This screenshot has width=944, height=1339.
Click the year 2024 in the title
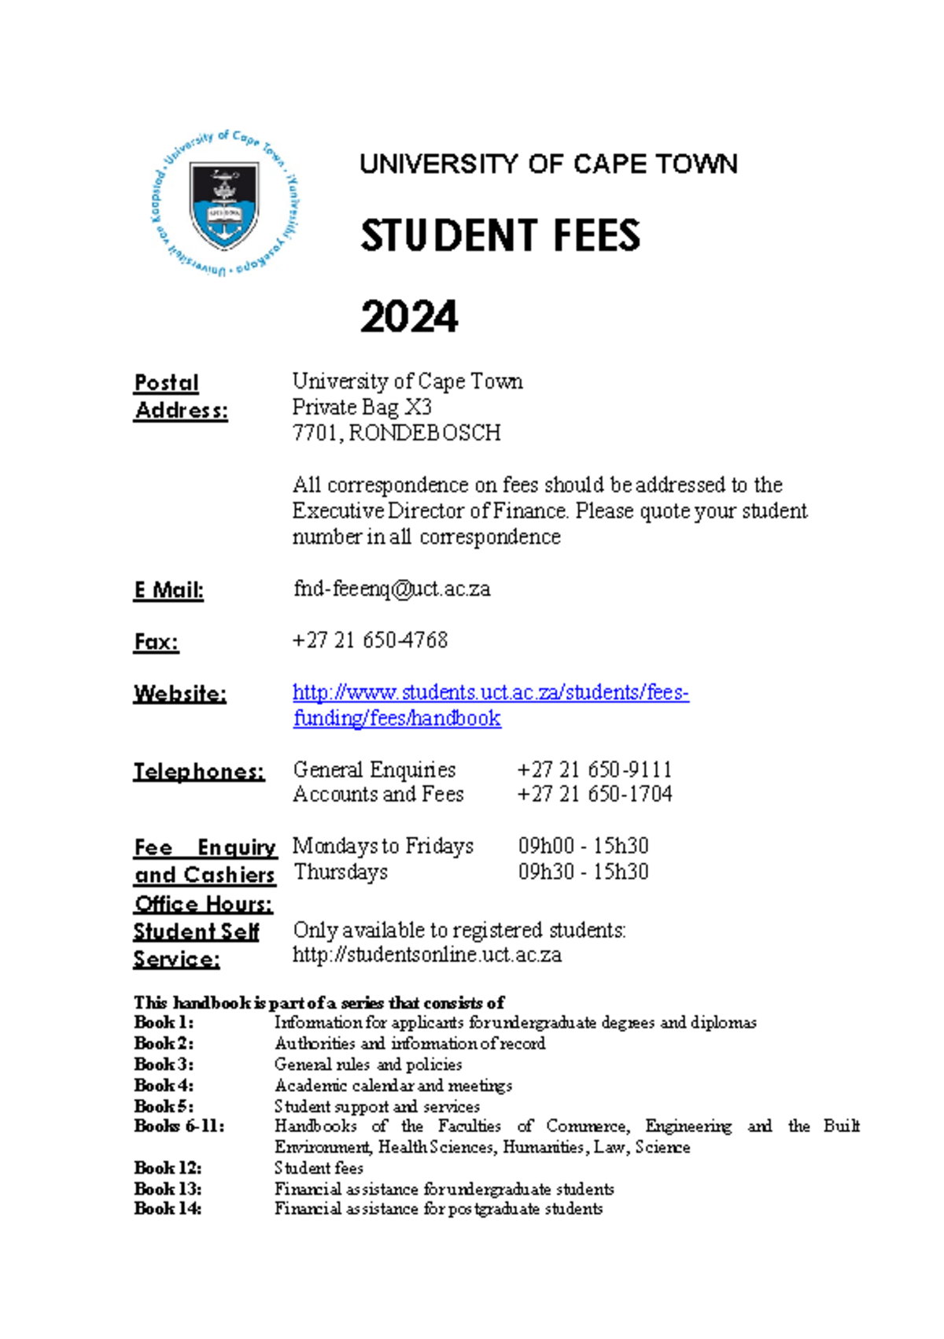408,317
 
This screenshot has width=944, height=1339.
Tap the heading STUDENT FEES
500,236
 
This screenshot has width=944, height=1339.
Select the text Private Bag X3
362,407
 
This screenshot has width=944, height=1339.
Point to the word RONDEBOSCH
424,433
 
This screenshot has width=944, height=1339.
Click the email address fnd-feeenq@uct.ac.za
392,588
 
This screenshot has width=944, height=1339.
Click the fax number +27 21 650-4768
370,640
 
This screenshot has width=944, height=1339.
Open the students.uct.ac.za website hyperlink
490,692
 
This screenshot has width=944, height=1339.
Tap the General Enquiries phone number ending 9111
594,769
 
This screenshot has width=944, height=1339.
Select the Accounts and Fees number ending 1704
594,794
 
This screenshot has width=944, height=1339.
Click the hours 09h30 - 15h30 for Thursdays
583,872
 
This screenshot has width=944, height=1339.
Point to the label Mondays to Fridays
383,846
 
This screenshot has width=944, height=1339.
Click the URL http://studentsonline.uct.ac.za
427,955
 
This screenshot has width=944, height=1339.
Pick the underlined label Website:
180,694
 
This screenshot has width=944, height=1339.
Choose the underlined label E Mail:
168,590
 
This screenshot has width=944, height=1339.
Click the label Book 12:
168,1167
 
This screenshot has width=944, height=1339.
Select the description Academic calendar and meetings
393,1086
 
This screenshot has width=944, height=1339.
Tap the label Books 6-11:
179,1126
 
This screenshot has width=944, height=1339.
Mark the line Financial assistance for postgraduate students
438,1208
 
